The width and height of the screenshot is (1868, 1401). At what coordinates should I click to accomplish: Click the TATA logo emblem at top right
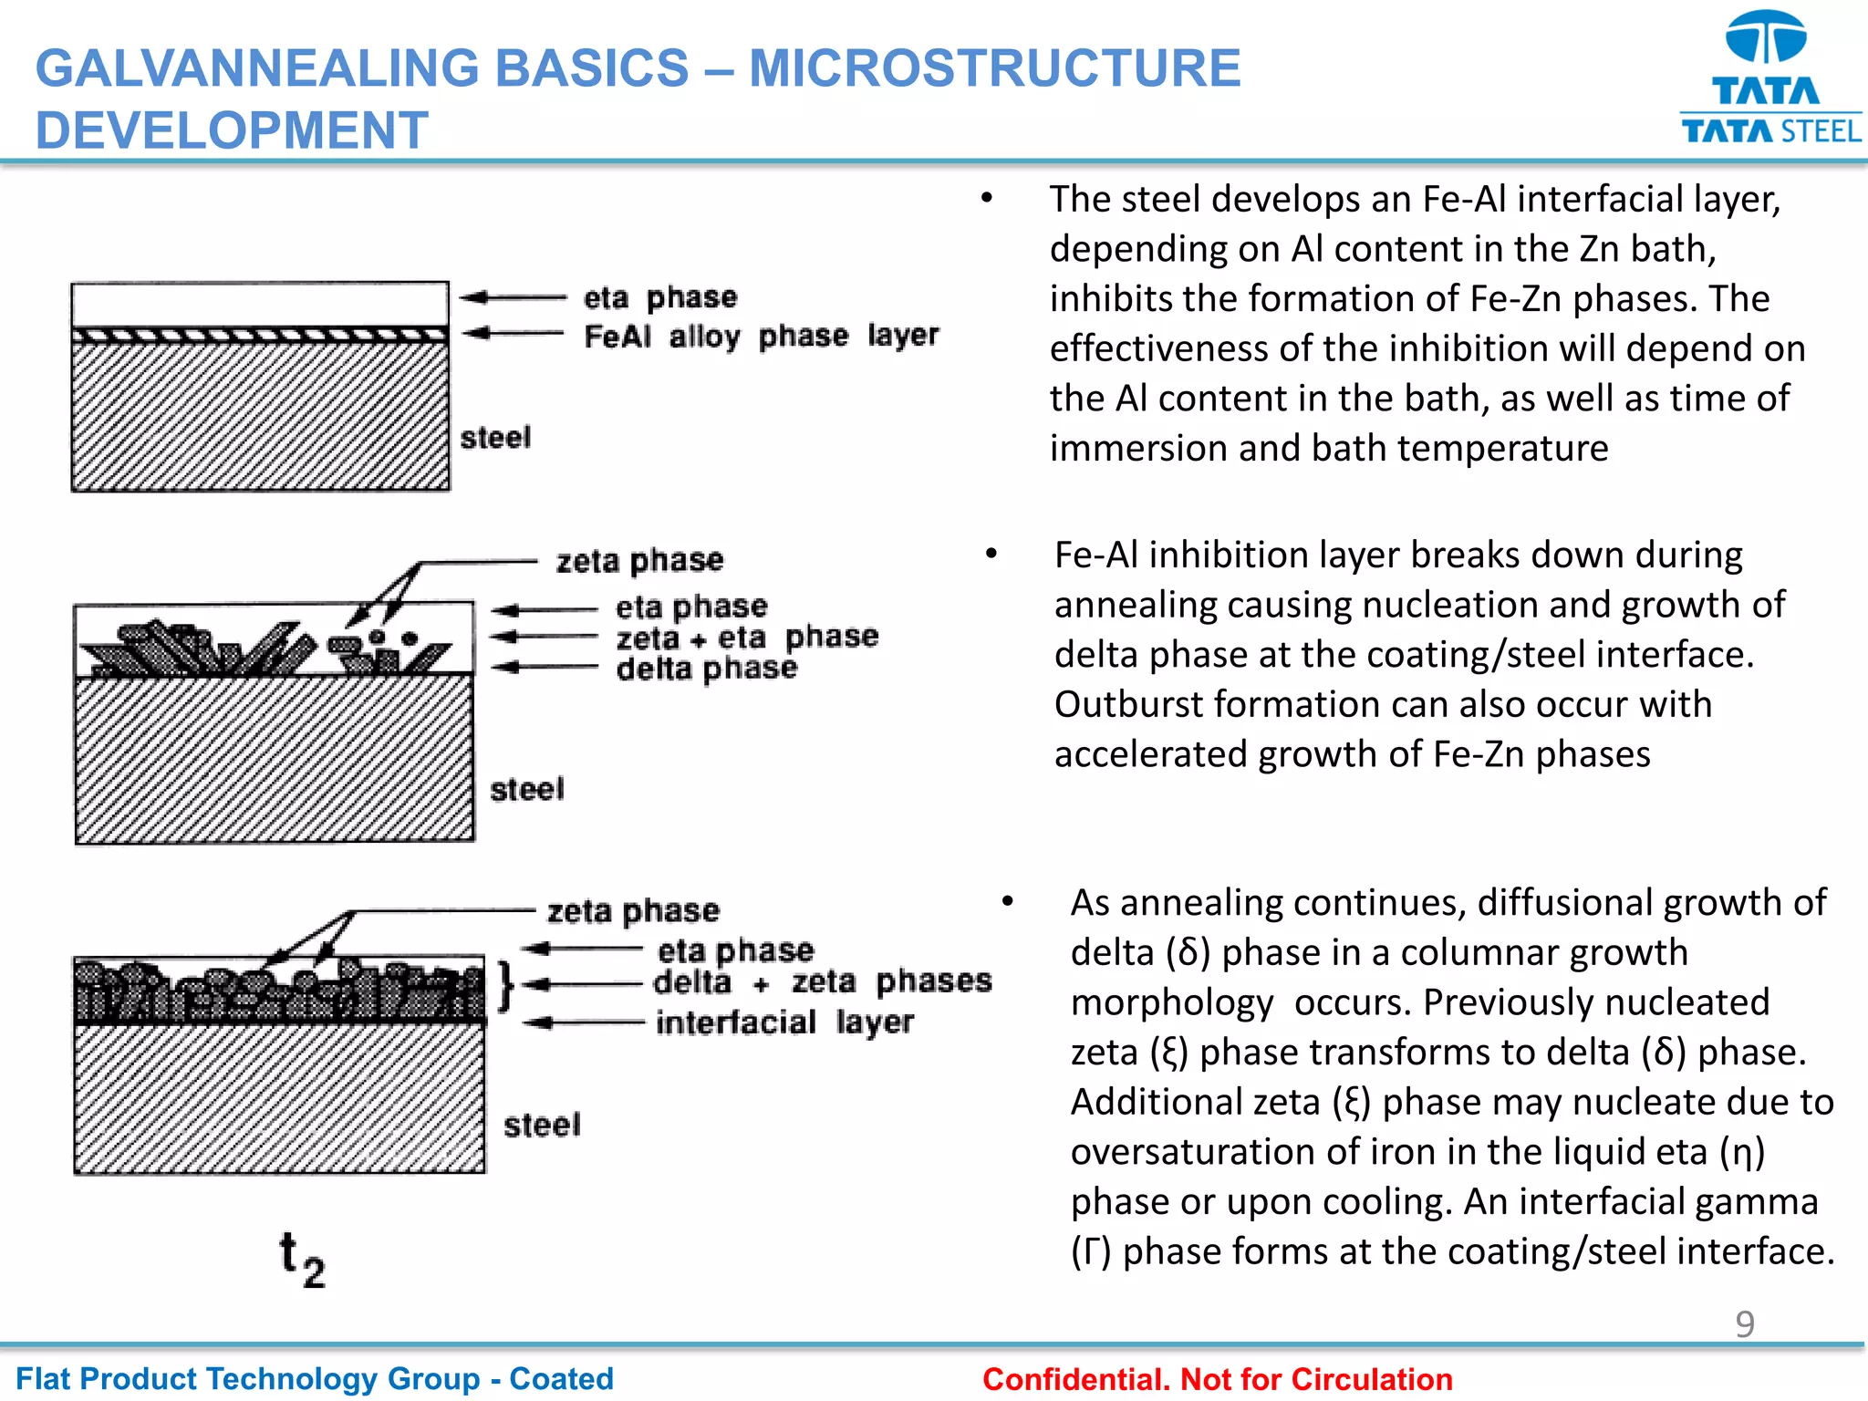(1766, 38)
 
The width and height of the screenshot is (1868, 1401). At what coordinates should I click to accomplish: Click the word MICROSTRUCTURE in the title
(995, 68)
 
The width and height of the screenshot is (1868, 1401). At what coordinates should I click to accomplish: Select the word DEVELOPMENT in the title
(232, 130)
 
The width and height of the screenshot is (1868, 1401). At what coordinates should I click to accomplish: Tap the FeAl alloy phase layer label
(761, 336)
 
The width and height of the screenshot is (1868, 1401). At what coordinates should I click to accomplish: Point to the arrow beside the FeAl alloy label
(514, 334)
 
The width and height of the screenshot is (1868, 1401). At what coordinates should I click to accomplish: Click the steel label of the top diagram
(495, 438)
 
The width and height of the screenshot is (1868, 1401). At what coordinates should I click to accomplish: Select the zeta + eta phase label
(746, 637)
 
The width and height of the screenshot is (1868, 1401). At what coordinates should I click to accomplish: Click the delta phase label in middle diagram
(706, 669)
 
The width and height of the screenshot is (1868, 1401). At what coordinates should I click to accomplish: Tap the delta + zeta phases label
(822, 981)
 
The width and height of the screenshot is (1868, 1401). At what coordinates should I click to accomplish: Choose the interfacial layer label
(784, 1022)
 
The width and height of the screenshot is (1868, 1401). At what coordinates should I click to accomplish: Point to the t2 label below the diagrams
(302, 1259)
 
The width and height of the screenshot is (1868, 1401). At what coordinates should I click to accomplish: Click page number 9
(1744, 1323)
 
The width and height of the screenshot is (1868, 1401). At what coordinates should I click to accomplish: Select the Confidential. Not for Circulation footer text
(1217, 1379)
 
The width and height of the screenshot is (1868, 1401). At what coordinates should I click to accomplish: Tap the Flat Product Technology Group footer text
(315, 1378)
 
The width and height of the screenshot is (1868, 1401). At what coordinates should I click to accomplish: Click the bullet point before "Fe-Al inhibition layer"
(991, 554)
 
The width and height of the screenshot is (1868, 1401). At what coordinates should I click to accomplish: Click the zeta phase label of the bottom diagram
(633, 910)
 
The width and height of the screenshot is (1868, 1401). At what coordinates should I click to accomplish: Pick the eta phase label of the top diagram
(659, 297)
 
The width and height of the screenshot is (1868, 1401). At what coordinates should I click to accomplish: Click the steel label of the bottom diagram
(542, 1125)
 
